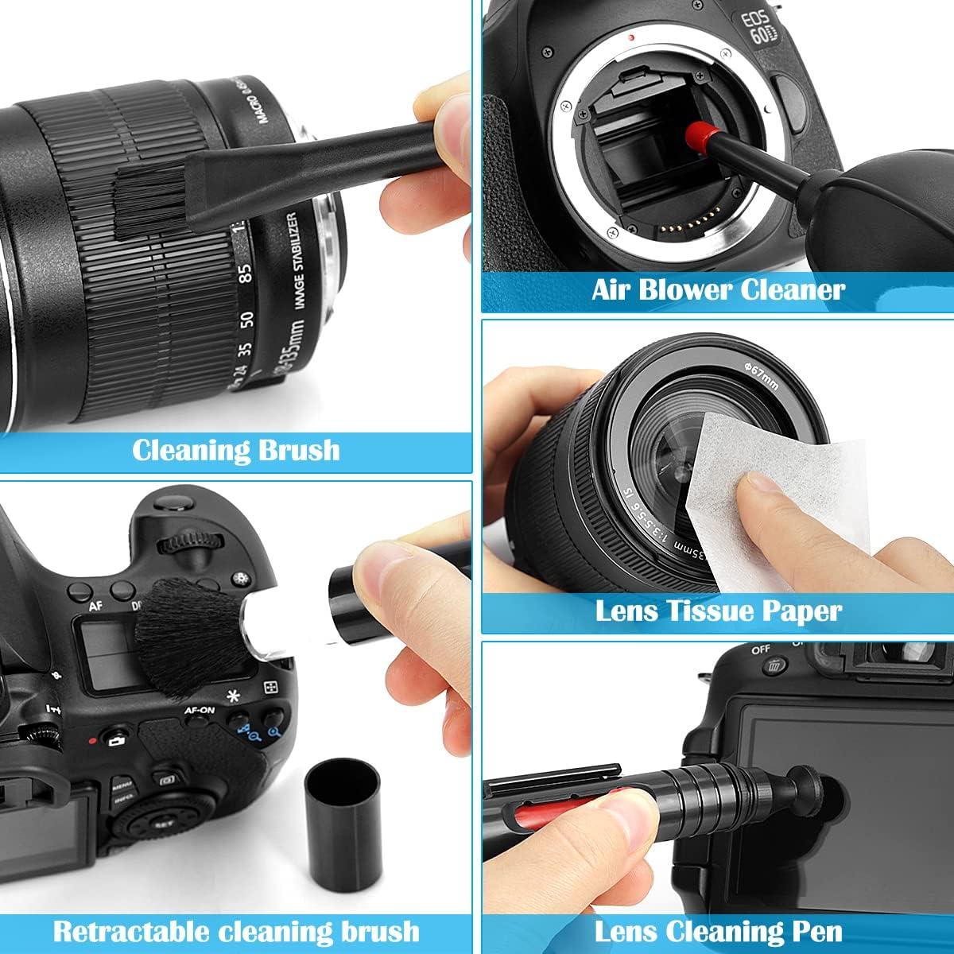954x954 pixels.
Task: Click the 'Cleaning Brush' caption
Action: click(x=235, y=451)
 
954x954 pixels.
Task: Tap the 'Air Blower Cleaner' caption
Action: click(x=717, y=289)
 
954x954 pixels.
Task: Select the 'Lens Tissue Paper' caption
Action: click(x=718, y=611)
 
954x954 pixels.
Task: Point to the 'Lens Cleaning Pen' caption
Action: click(x=718, y=930)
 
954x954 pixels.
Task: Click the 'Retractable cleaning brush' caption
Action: click(x=236, y=930)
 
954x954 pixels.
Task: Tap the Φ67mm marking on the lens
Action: click(x=762, y=366)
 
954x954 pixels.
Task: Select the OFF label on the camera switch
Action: click(x=760, y=650)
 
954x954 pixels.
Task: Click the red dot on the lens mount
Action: click(x=630, y=37)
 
